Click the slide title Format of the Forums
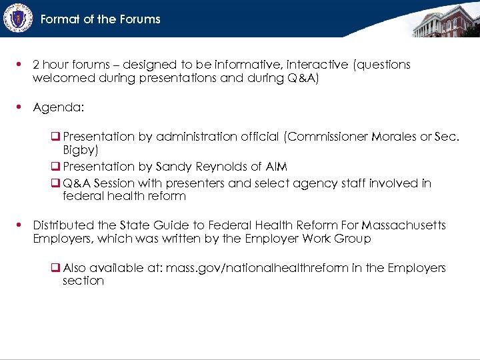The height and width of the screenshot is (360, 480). (x=100, y=19)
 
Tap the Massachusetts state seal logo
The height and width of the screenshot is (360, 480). (x=17, y=18)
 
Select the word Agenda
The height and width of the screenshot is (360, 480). (x=58, y=107)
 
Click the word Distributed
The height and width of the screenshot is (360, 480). (x=64, y=225)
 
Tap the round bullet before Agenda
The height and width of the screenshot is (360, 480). (x=21, y=107)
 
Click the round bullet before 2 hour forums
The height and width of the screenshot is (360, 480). (x=21, y=65)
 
